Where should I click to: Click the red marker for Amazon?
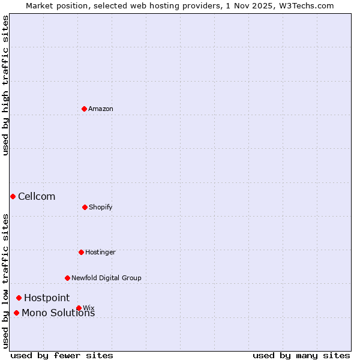84,109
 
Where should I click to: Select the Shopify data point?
85,207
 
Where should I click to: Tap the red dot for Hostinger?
81,252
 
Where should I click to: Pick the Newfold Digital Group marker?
67,278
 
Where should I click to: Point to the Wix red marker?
79,308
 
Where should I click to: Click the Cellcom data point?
13,196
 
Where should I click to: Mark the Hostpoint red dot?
19,298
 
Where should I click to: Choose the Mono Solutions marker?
16,313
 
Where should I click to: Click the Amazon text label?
101,109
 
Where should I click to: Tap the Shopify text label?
101,207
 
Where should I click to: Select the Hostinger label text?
100,252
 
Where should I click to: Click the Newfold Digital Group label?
106,278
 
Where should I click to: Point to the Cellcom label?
37,196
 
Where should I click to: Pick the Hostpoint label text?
47,298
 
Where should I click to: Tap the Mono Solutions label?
58,313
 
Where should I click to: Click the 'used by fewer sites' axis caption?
62,355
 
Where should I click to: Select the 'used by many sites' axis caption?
301,355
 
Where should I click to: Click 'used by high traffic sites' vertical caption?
5,85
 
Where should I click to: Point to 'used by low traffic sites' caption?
5,280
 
